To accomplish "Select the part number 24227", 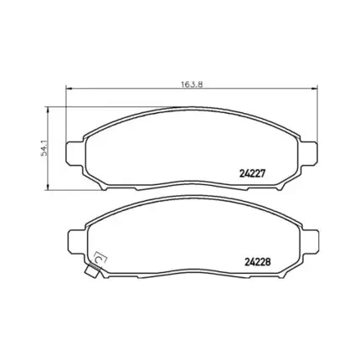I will point(253,173).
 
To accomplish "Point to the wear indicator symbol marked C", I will point(98,261).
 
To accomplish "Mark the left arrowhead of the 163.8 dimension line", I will point(69,90).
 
